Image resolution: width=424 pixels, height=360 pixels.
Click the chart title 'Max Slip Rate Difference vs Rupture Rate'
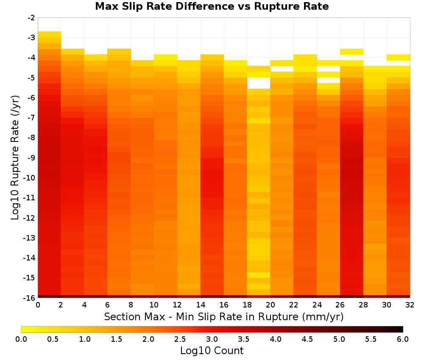click(x=212, y=6)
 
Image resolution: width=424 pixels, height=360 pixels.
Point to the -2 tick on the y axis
click(x=31, y=18)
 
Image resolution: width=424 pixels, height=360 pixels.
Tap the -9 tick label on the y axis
click(x=31, y=158)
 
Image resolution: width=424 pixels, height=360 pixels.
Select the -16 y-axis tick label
click(x=30, y=298)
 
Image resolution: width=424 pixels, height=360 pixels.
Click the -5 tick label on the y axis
click(x=31, y=78)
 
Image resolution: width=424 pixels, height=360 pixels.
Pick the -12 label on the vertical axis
click(x=30, y=218)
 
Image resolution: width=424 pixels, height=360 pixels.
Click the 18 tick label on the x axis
click(x=247, y=305)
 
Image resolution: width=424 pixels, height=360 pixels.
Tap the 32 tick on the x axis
click(x=410, y=305)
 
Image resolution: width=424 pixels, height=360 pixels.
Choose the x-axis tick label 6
click(x=108, y=305)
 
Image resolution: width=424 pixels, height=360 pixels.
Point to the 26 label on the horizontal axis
click(x=340, y=305)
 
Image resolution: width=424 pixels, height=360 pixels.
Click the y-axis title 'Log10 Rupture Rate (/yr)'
click(x=15, y=158)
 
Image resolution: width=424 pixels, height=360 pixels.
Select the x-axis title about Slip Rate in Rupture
click(x=224, y=316)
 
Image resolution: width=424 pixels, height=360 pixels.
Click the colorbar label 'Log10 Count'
click(x=212, y=351)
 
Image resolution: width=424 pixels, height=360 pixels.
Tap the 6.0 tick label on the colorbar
click(x=403, y=339)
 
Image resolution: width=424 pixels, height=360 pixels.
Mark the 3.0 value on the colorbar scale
click(x=212, y=339)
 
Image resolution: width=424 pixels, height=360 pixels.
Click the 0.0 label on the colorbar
click(x=21, y=339)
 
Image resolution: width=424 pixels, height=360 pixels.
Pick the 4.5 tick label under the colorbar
click(x=307, y=339)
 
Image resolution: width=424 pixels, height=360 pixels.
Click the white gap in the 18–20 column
click(x=259, y=83)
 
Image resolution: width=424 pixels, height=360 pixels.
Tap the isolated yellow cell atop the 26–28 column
click(x=352, y=52)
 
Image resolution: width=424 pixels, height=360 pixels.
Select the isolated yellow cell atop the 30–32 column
click(x=398, y=58)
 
